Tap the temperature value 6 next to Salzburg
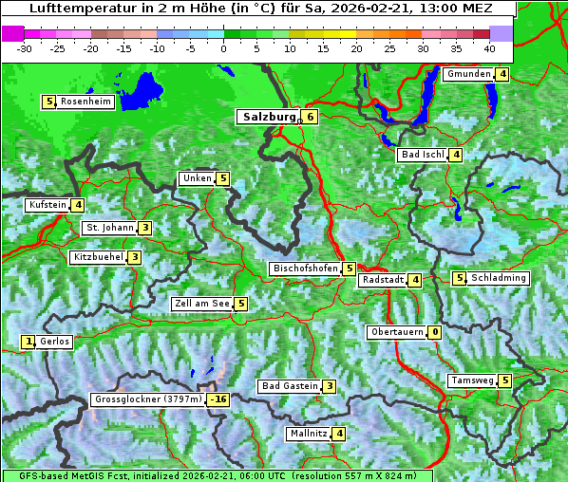(310, 117)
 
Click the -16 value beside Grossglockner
(219, 399)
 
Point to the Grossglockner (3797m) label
(148, 399)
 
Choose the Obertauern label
(396, 332)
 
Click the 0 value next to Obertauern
(434, 332)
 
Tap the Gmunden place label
(468, 74)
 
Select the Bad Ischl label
(423, 155)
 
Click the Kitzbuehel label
(98, 257)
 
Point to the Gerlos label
(55, 342)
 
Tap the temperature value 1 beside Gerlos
(28, 342)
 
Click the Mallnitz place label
(308, 434)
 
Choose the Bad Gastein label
(290, 386)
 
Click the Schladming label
(499, 278)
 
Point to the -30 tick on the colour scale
(25, 47)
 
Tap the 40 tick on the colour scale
(489, 47)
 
